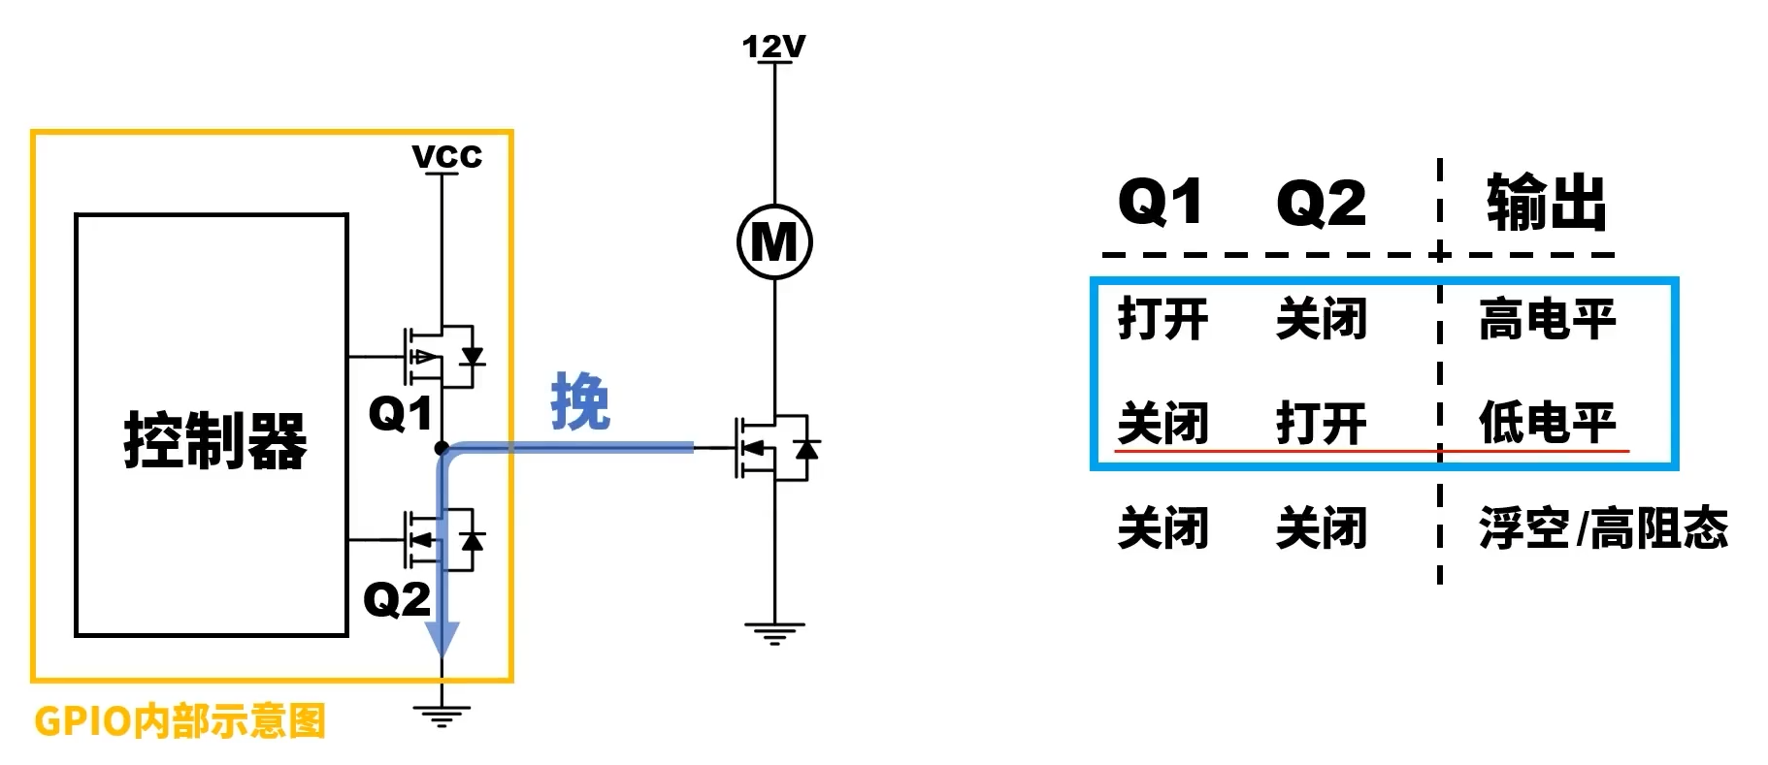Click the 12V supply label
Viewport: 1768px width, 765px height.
click(x=773, y=46)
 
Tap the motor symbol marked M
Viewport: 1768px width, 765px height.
click(x=774, y=241)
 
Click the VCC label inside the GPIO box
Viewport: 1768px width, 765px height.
click(x=446, y=156)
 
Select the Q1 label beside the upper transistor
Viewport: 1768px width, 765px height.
click(x=400, y=414)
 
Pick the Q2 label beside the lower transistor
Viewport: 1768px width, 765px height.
click(x=396, y=598)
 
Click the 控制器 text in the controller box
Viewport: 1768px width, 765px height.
click(x=214, y=441)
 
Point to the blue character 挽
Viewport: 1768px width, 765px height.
click(x=580, y=401)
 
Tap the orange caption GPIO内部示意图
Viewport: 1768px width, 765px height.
click(x=180, y=721)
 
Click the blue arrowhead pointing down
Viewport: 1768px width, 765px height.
click(x=442, y=639)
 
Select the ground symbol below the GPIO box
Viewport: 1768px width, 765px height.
click(x=442, y=716)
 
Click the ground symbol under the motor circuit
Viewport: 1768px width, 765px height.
click(x=774, y=633)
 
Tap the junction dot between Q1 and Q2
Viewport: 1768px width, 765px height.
click(x=442, y=448)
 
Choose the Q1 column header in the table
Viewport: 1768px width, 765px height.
click(x=1161, y=203)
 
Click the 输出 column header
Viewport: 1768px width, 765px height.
click(x=1546, y=203)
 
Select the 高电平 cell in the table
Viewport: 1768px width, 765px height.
click(x=1547, y=319)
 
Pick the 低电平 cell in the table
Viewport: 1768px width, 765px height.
click(x=1547, y=423)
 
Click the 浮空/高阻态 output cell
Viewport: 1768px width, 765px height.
click(x=1603, y=528)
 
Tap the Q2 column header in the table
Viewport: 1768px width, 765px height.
click(x=1321, y=203)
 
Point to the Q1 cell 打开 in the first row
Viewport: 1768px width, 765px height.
click(x=1162, y=319)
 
